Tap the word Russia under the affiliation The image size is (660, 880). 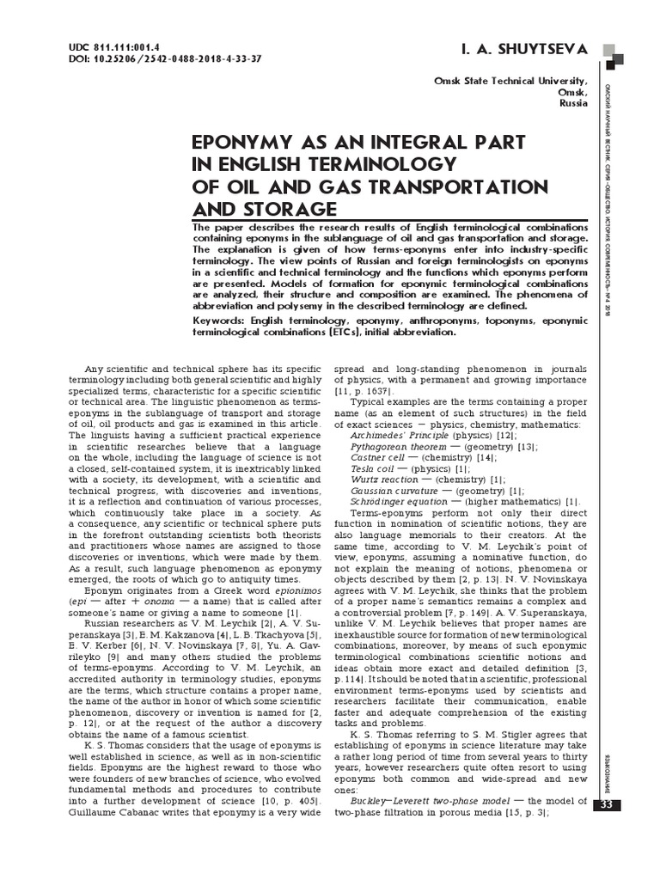(573, 102)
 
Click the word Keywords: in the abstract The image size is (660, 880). (222, 319)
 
